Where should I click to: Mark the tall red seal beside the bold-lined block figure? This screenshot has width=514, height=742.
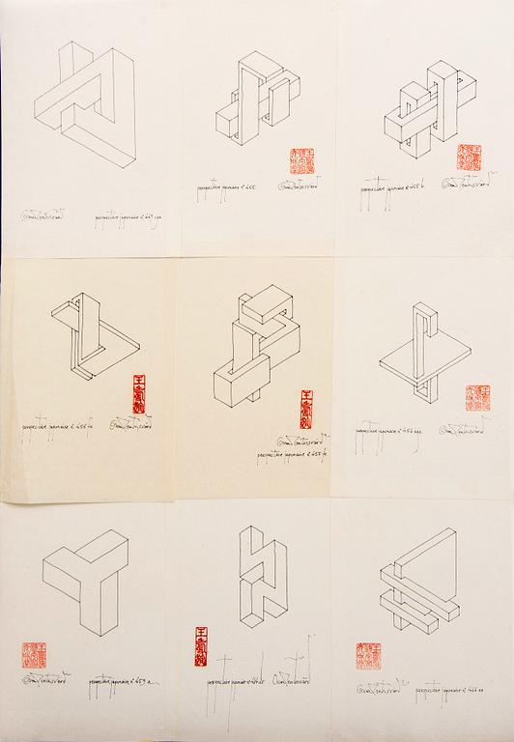pos(307,409)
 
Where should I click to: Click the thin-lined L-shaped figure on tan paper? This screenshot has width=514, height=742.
pos(92,343)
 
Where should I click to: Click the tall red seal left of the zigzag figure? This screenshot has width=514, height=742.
pos(200,645)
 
